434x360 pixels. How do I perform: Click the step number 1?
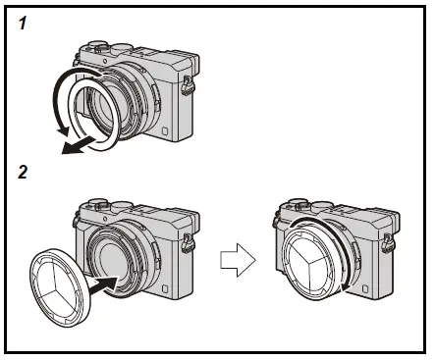23,22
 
